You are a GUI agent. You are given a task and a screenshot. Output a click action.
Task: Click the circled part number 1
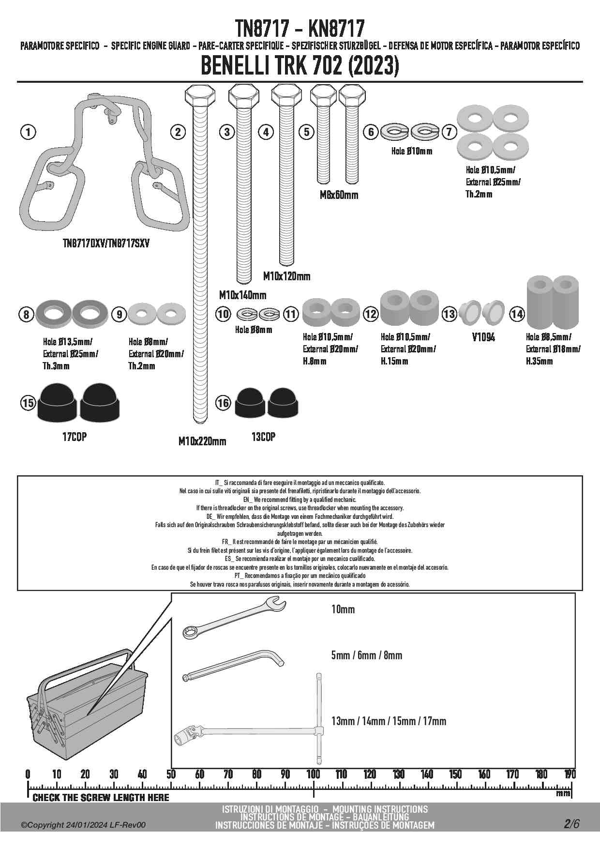coord(28,132)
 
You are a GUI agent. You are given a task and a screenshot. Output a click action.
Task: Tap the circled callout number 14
coord(517,314)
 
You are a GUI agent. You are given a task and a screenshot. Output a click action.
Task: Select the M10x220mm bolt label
coord(202,441)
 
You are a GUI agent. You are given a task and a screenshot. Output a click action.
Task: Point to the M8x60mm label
coord(339,195)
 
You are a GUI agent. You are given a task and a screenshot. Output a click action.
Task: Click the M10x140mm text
coord(242,295)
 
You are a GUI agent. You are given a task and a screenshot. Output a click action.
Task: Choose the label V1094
coord(483,337)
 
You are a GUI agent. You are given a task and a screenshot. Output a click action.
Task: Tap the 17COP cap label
coord(75,437)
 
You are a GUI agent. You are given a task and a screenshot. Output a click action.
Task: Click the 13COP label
coord(263,437)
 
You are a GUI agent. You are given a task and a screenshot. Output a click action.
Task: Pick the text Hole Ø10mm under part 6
coord(412,151)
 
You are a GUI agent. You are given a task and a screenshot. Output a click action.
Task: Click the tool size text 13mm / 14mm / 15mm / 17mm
coord(389,721)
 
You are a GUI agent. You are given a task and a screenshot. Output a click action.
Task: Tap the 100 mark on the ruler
coord(314,774)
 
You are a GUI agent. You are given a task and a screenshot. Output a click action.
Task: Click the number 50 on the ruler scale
coord(171,774)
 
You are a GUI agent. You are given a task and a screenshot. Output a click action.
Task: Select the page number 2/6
coord(570,823)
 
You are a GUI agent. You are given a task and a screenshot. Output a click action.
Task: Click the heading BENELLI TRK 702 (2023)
coord(300,66)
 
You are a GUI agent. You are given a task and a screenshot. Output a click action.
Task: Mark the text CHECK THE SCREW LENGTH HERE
coord(101,798)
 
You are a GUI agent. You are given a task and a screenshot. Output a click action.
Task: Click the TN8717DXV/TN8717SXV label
coord(106,243)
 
